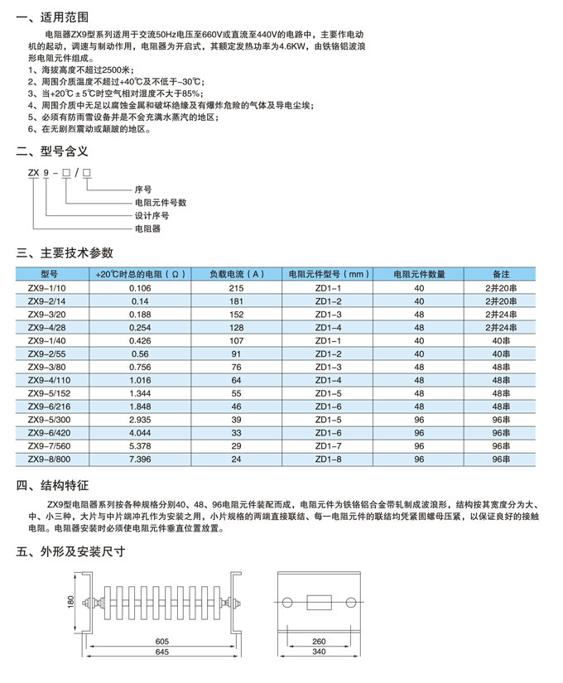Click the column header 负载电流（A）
click(236, 273)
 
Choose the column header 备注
click(501, 273)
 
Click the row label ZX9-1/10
click(51, 287)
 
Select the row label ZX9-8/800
click(51, 459)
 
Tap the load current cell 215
click(236, 287)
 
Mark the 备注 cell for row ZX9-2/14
click(501, 301)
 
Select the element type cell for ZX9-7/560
click(328, 445)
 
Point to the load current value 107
click(236, 340)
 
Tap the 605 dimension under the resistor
click(161, 642)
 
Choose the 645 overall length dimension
click(161, 653)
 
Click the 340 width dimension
click(319, 653)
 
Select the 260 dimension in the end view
click(319, 642)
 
